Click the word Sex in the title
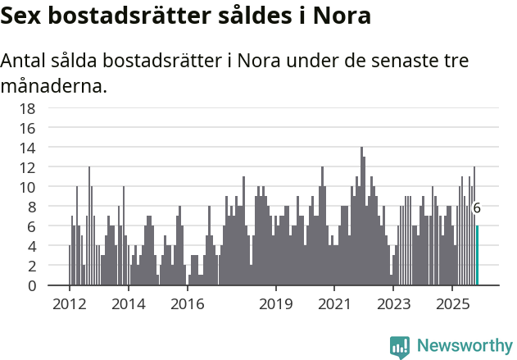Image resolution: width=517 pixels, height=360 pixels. tap(25, 16)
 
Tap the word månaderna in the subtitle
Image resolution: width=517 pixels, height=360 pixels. tap(54, 84)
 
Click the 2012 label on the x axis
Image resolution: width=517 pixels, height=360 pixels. tap(69, 303)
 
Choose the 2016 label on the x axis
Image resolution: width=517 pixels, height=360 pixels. tap(188, 303)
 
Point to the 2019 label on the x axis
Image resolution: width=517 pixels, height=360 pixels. tap(276, 303)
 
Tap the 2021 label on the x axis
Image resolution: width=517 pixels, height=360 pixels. tap(334, 303)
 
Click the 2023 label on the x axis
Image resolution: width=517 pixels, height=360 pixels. tap(393, 303)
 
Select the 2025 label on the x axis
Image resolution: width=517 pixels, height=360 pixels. tap(452, 303)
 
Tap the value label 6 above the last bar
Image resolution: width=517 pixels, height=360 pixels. tap(477, 208)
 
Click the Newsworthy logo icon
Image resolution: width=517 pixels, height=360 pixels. tap(400, 346)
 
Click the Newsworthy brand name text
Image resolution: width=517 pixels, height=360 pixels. tap(464, 346)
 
